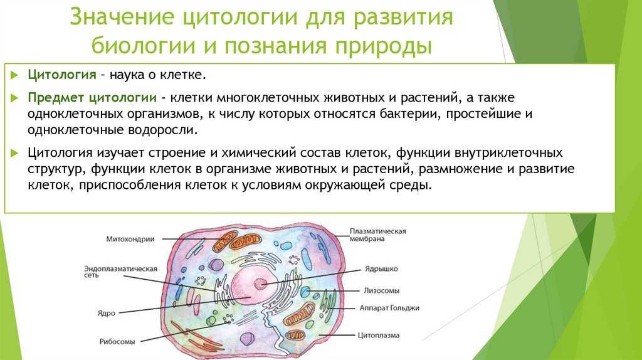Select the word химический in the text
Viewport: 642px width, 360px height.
tap(248, 153)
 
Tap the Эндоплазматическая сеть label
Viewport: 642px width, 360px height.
tap(120, 272)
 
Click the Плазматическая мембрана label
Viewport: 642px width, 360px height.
tap(378, 235)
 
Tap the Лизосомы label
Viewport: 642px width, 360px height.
tap(382, 291)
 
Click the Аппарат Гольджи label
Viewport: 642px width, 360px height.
tap(389, 308)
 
